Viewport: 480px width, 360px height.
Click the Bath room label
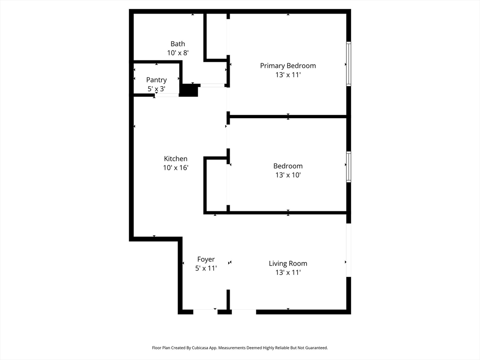coord(178,44)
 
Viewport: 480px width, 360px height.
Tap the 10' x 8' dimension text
coord(178,53)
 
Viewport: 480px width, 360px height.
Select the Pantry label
coord(156,80)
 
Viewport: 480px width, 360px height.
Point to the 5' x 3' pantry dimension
coord(156,89)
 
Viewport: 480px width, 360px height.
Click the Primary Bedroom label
coord(288,66)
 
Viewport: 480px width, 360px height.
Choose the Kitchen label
coord(175,159)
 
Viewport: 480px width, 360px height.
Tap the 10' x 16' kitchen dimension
coord(175,167)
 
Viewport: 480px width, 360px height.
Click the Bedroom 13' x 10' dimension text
coord(288,175)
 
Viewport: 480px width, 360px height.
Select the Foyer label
coord(206,259)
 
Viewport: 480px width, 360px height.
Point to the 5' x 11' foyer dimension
coord(206,268)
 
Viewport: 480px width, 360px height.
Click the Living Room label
coord(288,263)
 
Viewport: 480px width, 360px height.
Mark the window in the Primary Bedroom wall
coord(348,64)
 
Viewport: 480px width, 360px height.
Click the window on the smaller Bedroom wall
coord(348,167)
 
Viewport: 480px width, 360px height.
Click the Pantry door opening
coord(167,95)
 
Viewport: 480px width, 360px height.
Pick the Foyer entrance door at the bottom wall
coord(205,311)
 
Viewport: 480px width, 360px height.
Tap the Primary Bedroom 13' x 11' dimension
coord(288,75)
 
